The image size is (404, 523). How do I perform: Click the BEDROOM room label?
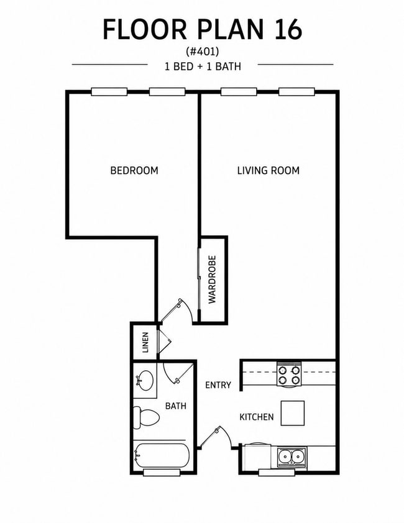pyautogui.click(x=134, y=170)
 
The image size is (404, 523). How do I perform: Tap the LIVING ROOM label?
pyautogui.click(x=269, y=170)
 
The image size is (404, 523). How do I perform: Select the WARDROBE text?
pyautogui.click(x=213, y=280)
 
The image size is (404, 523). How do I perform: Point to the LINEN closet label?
pyautogui.click(x=145, y=342)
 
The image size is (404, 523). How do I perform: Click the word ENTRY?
pyautogui.click(x=218, y=385)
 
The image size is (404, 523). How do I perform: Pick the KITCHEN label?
pyautogui.click(x=257, y=417)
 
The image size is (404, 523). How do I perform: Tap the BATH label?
pyautogui.click(x=176, y=406)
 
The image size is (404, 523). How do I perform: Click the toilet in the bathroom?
pyautogui.click(x=146, y=417)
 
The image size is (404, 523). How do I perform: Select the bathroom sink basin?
pyautogui.click(x=145, y=380)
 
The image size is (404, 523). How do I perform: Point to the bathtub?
pyautogui.click(x=162, y=456)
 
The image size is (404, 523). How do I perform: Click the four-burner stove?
pyautogui.click(x=289, y=375)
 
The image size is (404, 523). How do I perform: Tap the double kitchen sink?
pyautogui.click(x=292, y=457)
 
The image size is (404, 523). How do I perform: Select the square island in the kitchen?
pyautogui.click(x=293, y=413)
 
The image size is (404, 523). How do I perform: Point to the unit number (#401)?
pyautogui.click(x=203, y=52)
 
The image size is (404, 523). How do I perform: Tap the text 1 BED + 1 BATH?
pyautogui.click(x=203, y=66)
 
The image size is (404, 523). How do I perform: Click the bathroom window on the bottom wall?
pyautogui.click(x=162, y=472)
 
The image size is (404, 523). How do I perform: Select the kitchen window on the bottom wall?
pyautogui.click(x=277, y=472)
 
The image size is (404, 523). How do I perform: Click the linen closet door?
pyautogui.click(x=164, y=342)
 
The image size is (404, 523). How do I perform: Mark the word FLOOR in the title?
pyautogui.click(x=145, y=29)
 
